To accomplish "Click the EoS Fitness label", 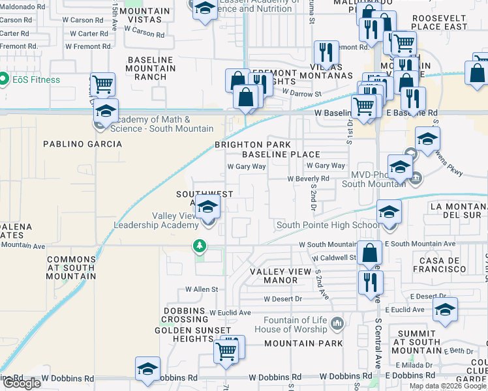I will pos(36,80).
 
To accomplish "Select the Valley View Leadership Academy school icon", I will pos(208,208).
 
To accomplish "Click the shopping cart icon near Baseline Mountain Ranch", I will pos(102,84).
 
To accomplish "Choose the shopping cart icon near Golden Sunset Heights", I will pos(226,351).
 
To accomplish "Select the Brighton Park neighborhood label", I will pos(249,145).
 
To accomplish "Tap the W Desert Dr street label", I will pos(283,299).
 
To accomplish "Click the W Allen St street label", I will pos(201,289).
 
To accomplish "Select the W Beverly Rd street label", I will pos(308,179).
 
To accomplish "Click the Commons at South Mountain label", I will pos(72,268).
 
